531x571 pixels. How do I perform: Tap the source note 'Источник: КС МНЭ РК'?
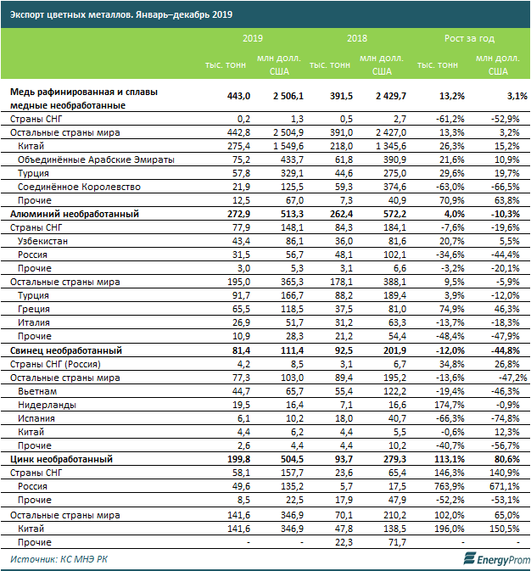point(59,559)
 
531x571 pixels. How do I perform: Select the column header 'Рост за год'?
point(469,38)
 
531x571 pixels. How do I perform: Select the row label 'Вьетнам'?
point(39,390)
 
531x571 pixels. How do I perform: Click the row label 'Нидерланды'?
point(47,405)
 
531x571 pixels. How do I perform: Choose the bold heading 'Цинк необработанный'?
point(63,459)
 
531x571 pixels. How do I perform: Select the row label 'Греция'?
point(35,309)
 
